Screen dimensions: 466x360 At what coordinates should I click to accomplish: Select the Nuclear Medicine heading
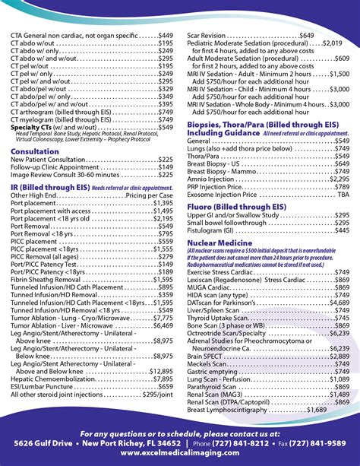pyautogui.click(x=219, y=240)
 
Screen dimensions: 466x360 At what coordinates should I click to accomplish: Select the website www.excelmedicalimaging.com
pyautogui.click(x=180, y=453)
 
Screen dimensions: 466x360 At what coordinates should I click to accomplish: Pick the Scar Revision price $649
pyautogui.click(x=306, y=36)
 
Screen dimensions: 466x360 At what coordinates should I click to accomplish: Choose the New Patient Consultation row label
pyautogui.click(x=53, y=160)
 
